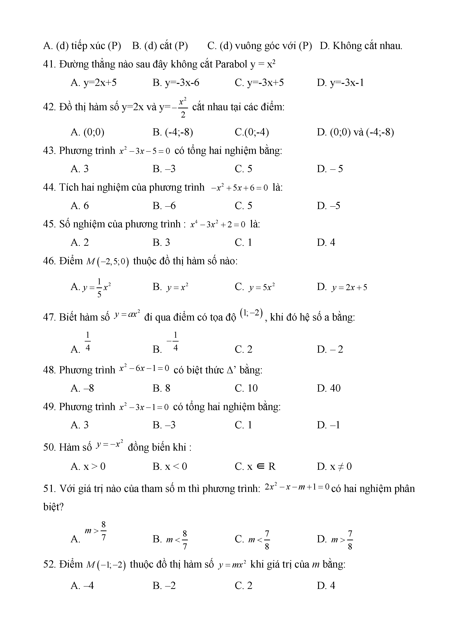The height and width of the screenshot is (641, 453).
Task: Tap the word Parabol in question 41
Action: point(231,65)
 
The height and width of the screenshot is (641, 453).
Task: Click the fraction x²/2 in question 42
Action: point(183,107)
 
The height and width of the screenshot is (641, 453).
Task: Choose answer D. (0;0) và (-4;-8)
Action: point(355,132)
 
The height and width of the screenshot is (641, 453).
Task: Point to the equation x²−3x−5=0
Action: point(144,151)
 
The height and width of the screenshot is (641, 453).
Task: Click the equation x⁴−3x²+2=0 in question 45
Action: point(218,224)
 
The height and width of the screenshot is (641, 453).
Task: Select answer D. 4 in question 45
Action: point(326,242)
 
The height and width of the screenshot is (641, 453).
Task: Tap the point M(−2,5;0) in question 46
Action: point(108,262)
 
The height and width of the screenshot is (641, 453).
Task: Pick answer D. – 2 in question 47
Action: point(330,349)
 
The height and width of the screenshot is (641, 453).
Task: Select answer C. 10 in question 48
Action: point(246,388)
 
